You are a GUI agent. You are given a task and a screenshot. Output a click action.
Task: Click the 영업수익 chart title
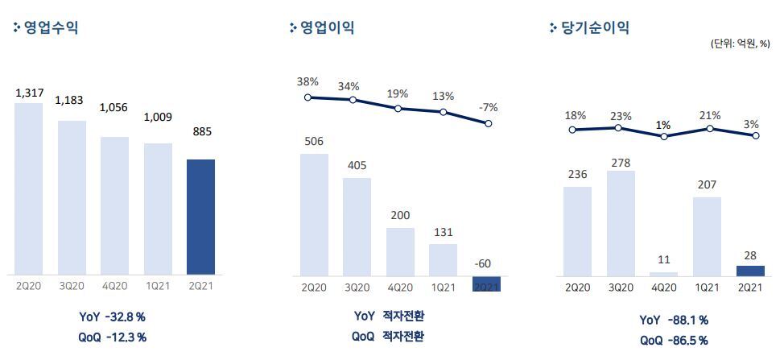tap(51, 27)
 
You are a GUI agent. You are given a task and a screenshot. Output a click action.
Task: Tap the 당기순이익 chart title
tap(594, 27)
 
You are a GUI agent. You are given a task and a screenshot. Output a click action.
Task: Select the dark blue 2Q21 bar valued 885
tap(200, 216)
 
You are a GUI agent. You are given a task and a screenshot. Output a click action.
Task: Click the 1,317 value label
tap(29, 94)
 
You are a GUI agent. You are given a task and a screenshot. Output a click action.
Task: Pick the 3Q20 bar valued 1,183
tap(72, 197)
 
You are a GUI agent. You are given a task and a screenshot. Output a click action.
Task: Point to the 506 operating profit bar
tap(314, 213)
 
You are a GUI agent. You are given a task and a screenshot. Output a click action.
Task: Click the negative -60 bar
tap(486, 283)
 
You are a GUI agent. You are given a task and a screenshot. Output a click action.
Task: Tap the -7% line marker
tap(486, 123)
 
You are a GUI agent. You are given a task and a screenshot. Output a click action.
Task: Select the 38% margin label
tap(307, 82)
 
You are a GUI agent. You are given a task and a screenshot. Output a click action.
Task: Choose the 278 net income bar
tap(621, 222)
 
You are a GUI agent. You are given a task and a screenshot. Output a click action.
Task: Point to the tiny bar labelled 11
tap(663, 274)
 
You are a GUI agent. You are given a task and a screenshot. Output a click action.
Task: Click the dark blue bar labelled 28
tap(750, 271)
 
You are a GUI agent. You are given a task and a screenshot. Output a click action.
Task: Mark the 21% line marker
tap(709, 128)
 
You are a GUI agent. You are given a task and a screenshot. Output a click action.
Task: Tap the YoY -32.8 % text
tap(112, 317)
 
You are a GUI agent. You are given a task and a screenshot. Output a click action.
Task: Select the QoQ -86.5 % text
tap(674, 341)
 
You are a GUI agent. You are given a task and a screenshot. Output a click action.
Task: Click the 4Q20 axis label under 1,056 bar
tap(115, 285)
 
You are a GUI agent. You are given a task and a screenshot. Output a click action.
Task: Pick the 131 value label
tap(443, 232)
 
